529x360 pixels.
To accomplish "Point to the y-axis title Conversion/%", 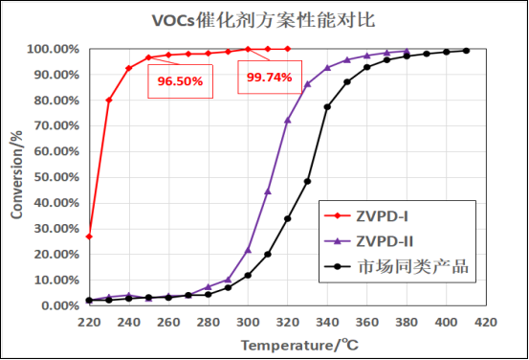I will pos(16,177).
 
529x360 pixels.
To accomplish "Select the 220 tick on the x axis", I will pos(89,322).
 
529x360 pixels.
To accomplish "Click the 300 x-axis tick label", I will pos(248,322).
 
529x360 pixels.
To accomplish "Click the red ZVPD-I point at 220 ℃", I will pos(89,236).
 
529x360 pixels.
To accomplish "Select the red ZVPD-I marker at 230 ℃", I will pos(109,100).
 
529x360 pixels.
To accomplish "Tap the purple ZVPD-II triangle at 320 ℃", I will pos(288,120).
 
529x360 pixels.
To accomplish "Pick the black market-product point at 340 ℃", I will pos(327,107).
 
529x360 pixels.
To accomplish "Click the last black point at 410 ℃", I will pos(467,51).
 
